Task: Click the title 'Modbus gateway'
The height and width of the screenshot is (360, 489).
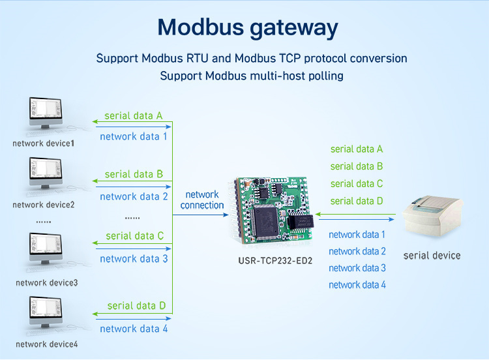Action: [x=248, y=27]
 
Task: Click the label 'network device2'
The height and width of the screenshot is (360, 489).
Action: [x=44, y=205]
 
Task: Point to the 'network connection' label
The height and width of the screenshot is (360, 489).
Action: [x=202, y=200]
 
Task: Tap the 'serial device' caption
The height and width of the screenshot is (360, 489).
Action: [x=432, y=255]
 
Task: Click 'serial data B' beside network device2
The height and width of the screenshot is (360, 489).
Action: [x=134, y=174]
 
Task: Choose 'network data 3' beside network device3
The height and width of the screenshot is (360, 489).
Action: [x=134, y=259]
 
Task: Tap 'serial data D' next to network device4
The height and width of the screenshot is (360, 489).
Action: [x=136, y=305]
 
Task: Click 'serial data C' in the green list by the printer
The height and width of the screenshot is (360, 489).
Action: [x=357, y=184]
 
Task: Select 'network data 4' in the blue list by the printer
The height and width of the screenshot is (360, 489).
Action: [x=357, y=284]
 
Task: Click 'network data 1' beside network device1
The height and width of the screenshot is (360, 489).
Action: [x=134, y=136]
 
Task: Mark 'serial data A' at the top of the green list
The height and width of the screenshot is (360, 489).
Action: [x=357, y=149]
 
